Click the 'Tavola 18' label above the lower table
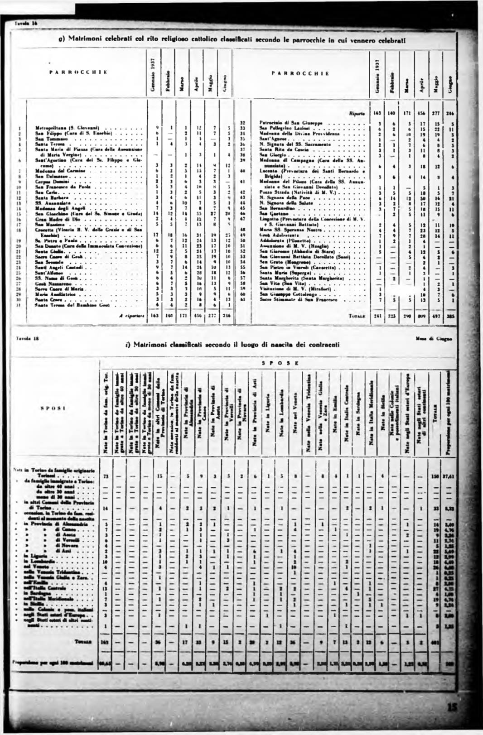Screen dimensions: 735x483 point(23,338)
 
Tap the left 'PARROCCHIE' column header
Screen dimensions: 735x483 point(79,72)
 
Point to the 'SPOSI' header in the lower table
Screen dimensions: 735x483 point(54,408)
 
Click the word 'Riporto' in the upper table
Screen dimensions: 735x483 point(357,114)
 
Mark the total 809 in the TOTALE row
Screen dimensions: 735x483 point(422,317)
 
